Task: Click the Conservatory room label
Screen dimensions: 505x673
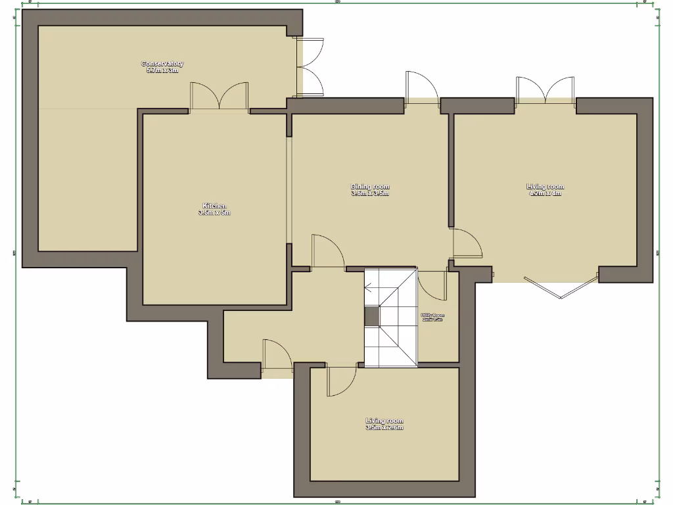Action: tap(162, 67)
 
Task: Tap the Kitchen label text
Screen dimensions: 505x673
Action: tap(214, 209)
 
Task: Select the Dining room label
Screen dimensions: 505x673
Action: tap(370, 190)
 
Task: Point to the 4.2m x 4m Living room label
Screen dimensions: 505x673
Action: tap(545, 190)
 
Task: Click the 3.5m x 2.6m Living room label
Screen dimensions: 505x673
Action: tap(384, 424)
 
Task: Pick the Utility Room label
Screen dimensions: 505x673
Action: tap(432, 317)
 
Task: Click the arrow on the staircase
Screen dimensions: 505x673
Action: tap(369, 287)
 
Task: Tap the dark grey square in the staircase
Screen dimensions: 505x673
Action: tap(372, 317)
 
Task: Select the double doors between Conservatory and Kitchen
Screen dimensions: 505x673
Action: tap(219, 97)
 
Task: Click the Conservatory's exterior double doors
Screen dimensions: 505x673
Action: tap(311, 66)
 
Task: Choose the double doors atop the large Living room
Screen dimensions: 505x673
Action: tap(545, 89)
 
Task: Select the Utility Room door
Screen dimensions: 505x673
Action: tap(430, 284)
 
